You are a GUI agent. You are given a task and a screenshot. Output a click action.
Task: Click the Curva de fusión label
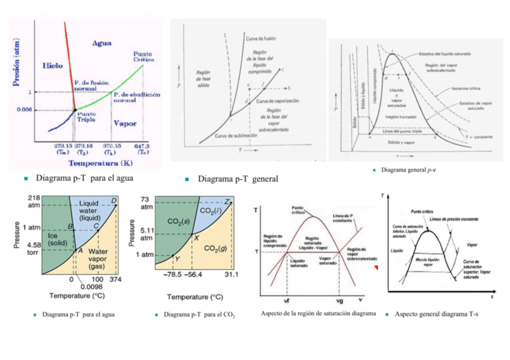point(260,38)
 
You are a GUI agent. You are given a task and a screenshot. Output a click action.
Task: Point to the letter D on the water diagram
point(114,201)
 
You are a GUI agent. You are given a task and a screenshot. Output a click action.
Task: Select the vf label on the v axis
point(287,301)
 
